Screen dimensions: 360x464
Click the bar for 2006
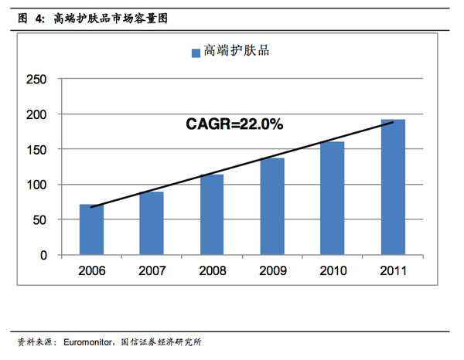pos(91,229)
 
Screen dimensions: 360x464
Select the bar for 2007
pos(152,223)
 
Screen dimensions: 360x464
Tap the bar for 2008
pos(212,214)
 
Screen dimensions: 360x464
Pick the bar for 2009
pos(272,206)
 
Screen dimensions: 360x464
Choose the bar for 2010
pos(333,198)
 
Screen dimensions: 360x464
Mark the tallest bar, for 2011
pos(393,187)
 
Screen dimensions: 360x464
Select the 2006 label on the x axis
pos(91,272)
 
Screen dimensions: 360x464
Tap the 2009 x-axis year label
pos(272,272)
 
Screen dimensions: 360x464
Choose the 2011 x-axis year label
pos(393,272)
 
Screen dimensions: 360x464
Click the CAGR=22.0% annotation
pos(234,123)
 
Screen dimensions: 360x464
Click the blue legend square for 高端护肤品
pos(195,53)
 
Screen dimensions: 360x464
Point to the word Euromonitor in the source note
pos(91,341)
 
